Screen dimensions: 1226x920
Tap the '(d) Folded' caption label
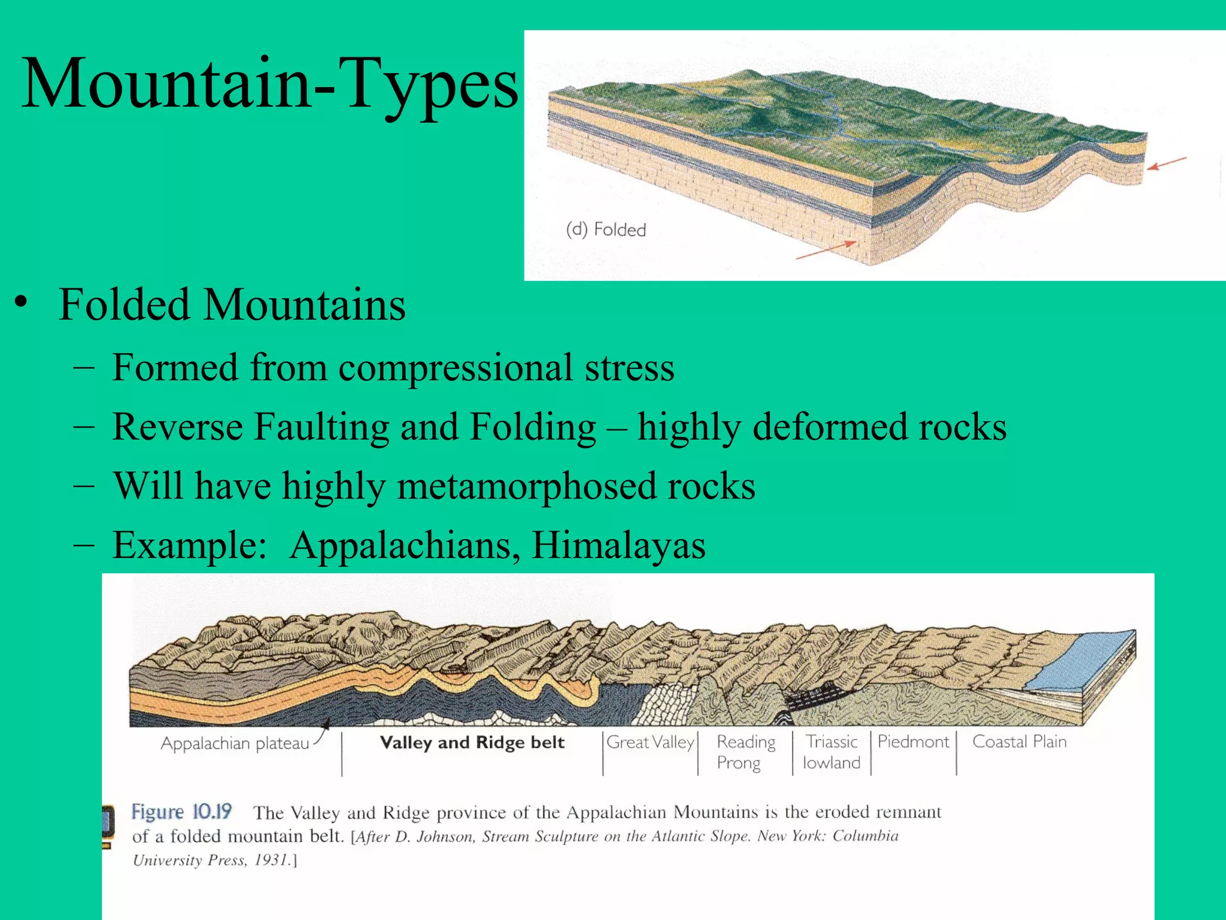pyautogui.click(x=606, y=229)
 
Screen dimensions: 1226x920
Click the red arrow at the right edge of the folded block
pyautogui.click(x=1167, y=163)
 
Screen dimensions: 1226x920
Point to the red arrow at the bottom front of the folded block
pyautogui.click(x=826, y=250)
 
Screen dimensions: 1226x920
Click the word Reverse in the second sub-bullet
pyautogui.click(x=177, y=426)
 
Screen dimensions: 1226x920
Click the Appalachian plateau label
pyautogui.click(x=235, y=743)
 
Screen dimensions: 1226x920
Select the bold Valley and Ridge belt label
pyautogui.click(x=472, y=743)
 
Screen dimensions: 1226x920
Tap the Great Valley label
pyautogui.click(x=650, y=742)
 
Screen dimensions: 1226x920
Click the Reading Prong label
pyautogui.click(x=745, y=752)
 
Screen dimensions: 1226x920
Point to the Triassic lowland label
pyautogui.click(x=832, y=752)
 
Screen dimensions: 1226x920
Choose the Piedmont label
pyautogui.click(x=913, y=742)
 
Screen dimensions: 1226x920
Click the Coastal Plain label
pyautogui.click(x=1019, y=742)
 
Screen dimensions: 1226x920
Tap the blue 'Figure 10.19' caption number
pyautogui.click(x=181, y=812)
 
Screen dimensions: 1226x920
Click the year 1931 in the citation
pyautogui.click(x=272, y=860)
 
